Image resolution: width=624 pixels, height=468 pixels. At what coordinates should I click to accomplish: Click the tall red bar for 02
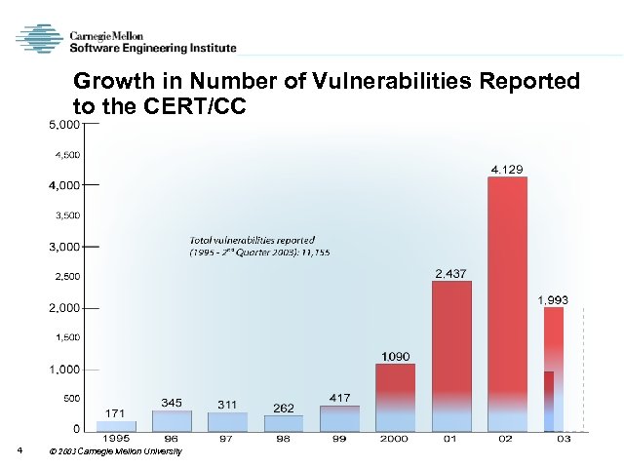coord(506,302)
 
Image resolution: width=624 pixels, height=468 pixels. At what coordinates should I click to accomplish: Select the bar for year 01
coord(451,356)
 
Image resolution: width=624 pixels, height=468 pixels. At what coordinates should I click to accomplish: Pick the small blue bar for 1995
coord(116,425)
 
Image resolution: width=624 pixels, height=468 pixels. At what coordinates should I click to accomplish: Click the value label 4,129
coord(506,169)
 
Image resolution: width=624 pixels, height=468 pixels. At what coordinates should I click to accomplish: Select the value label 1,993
coord(553,299)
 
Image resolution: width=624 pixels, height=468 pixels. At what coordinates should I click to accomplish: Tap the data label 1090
coord(395,356)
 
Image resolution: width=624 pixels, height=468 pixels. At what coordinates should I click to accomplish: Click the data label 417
coord(339,398)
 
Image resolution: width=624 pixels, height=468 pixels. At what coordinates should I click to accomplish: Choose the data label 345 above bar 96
coord(173,402)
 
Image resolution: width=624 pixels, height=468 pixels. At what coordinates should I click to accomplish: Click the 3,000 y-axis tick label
coord(65,247)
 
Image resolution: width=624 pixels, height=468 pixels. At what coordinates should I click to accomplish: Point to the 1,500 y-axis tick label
coord(66,337)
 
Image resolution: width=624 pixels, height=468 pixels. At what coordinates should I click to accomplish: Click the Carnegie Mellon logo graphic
coord(38,38)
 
